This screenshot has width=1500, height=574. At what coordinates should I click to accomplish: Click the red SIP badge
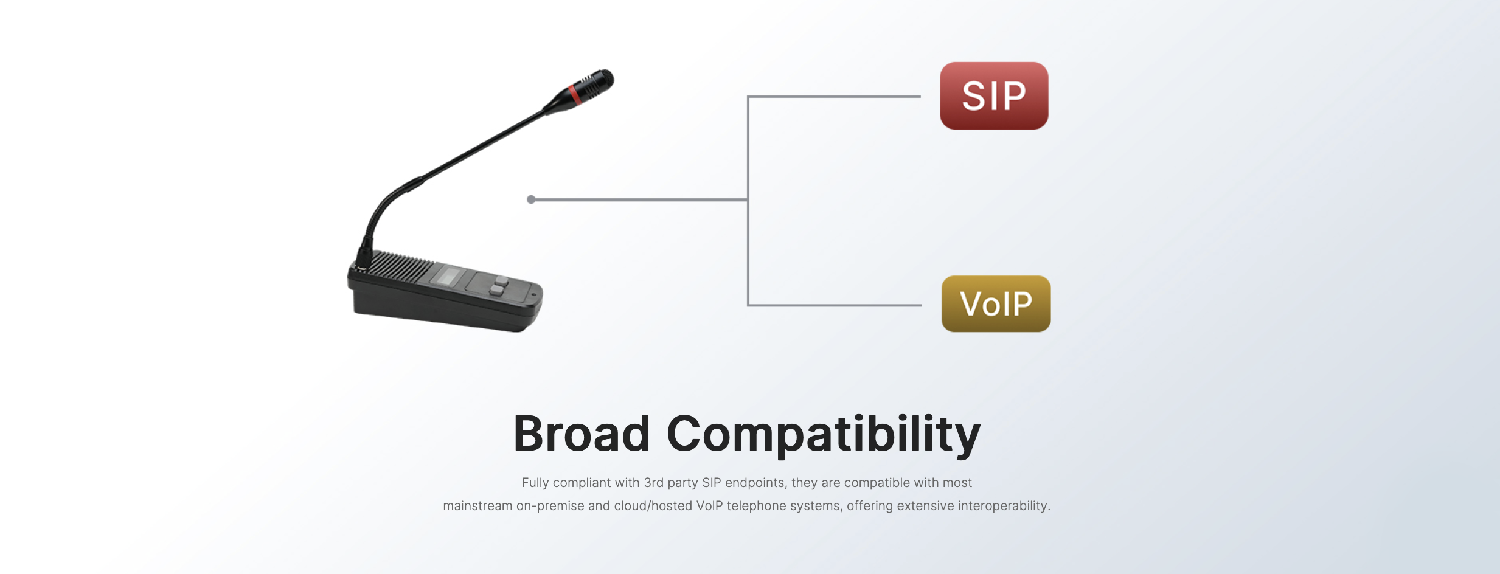994,95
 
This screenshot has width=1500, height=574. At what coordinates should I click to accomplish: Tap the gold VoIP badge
996,303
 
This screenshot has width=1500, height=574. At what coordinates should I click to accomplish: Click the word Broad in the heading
582,434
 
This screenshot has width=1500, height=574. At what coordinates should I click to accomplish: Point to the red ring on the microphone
574,94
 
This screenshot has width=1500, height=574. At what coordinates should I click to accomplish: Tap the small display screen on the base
448,276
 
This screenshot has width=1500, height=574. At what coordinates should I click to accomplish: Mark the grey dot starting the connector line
531,199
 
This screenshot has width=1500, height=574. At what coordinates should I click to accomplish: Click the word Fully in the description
535,483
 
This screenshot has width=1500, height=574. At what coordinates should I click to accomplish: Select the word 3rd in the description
653,483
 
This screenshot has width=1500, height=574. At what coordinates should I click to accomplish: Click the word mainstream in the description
477,506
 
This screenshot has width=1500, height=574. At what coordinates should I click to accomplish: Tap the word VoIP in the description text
710,506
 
